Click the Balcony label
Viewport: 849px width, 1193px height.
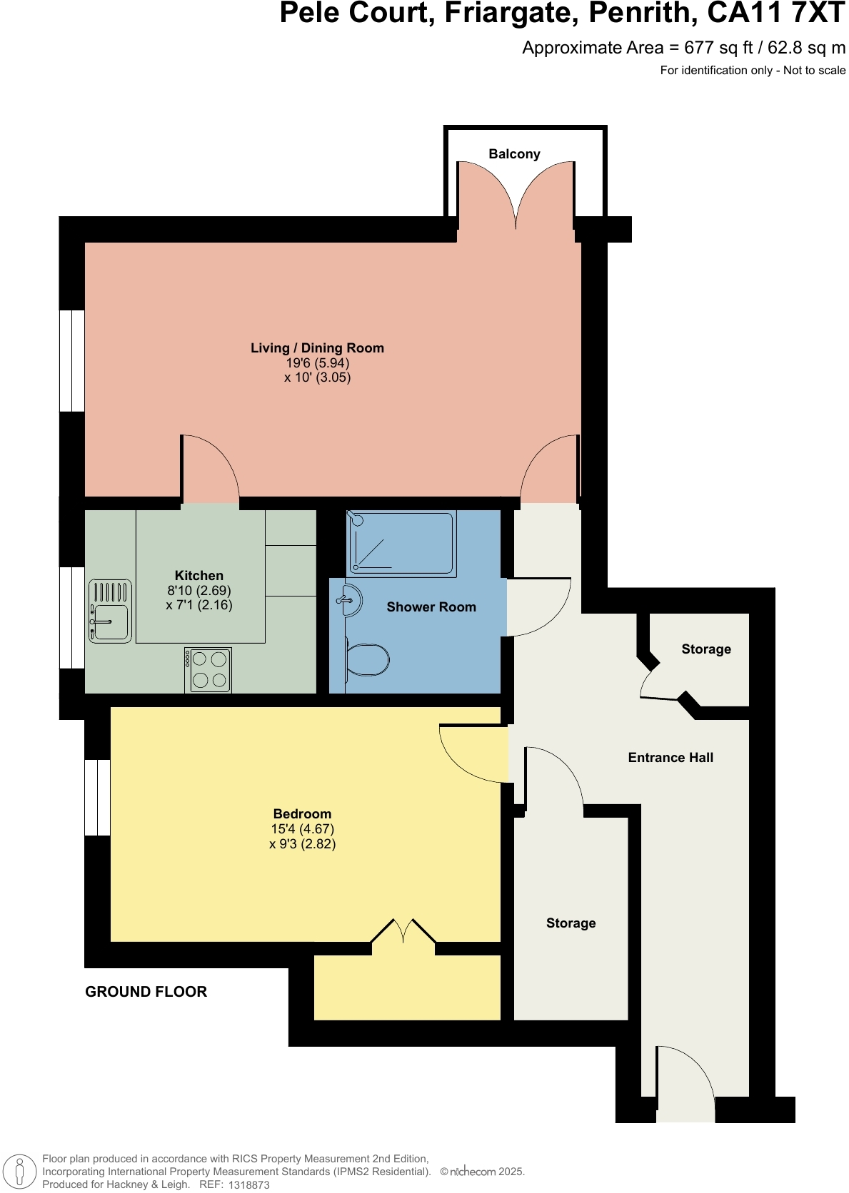click(x=514, y=154)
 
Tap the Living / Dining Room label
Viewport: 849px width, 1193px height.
click(x=317, y=348)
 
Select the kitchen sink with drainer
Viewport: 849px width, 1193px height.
click(x=110, y=611)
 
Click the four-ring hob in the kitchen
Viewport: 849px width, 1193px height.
click(x=208, y=670)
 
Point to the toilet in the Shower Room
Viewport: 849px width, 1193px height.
click(x=368, y=659)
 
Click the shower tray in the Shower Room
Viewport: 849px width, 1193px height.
click(x=402, y=543)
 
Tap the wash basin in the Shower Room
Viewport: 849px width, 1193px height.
click(x=349, y=600)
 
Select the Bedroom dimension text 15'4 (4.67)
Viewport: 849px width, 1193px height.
click(x=302, y=829)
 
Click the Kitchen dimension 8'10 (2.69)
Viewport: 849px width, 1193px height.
click(x=199, y=591)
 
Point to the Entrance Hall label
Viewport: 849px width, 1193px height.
click(x=670, y=758)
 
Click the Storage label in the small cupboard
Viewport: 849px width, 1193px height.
click(x=706, y=649)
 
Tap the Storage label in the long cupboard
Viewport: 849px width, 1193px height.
click(x=571, y=923)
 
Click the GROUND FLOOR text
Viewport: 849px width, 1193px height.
click(x=146, y=992)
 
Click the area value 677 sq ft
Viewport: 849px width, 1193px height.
click(x=718, y=48)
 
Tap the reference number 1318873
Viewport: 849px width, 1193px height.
click(x=248, y=1184)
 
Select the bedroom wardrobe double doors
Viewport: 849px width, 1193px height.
click(x=403, y=932)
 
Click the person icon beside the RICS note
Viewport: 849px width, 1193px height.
click(x=20, y=1171)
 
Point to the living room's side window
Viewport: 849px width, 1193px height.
click(x=71, y=360)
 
